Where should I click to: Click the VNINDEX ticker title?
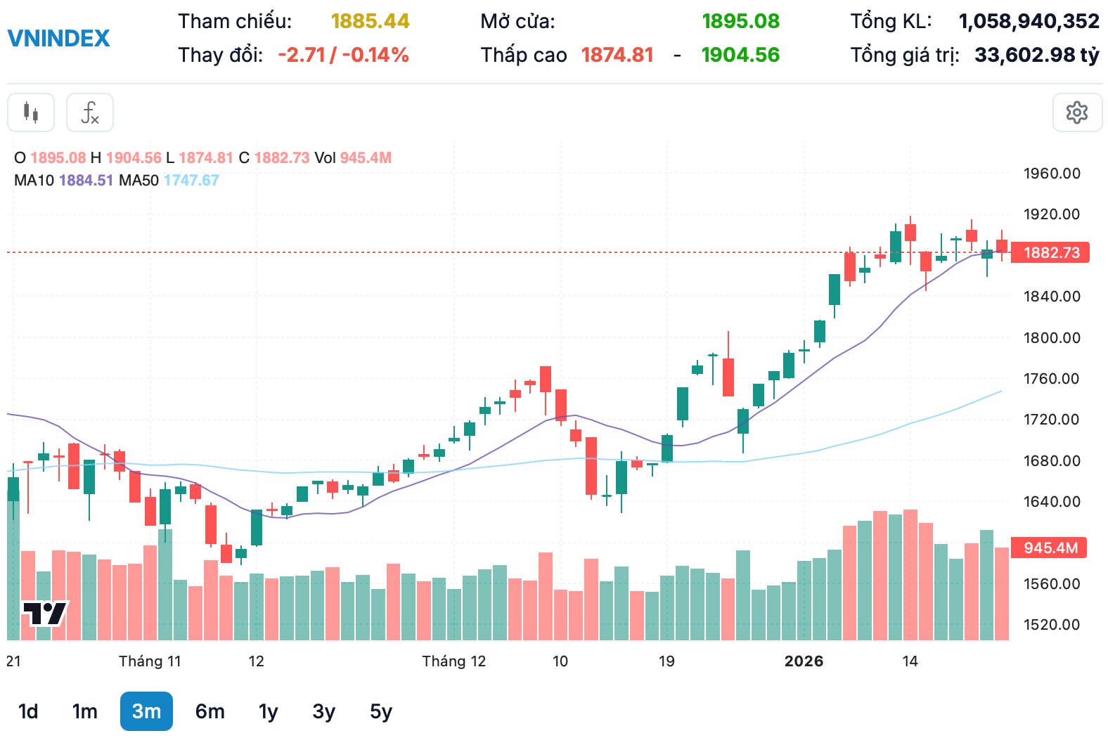click(58, 38)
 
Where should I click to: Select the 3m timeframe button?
click(146, 711)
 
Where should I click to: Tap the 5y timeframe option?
click(380, 711)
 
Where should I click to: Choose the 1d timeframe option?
click(28, 711)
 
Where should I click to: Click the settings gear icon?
click(1076, 112)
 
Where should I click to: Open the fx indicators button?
click(90, 112)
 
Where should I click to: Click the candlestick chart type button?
click(31, 112)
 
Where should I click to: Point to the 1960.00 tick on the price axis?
click(1051, 174)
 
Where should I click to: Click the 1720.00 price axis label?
click(1051, 420)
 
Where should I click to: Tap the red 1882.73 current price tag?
click(1050, 253)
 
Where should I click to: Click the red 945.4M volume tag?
click(1049, 548)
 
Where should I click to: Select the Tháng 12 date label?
click(453, 661)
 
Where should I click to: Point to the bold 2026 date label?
click(804, 661)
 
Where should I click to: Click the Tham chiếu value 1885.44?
click(370, 21)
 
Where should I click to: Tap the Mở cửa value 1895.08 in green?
click(740, 21)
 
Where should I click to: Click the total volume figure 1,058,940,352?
click(1029, 21)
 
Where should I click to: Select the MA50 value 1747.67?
click(191, 181)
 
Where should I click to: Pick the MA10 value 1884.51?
click(86, 181)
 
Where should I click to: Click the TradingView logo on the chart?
click(44, 614)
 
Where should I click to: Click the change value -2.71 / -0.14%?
click(343, 55)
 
